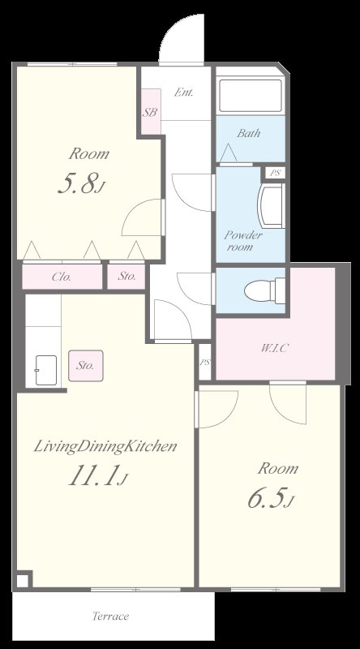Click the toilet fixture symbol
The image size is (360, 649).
pos(264,290)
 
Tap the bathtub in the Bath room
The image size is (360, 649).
pos(251,96)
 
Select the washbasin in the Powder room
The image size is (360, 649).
pos(271,205)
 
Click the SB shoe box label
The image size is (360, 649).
pos(150,112)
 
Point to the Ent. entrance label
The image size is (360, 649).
pos(183,92)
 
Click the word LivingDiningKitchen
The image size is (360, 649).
pos(105,447)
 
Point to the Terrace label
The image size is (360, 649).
pos(110,616)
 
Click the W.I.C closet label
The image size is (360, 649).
pos(274,348)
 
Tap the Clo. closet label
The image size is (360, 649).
pos(62,277)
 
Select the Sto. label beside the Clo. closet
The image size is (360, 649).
pos(126,277)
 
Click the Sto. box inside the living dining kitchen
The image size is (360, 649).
pos(86,366)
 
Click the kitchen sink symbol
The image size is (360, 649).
pos(46,370)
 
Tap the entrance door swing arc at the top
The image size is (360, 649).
pos(173,30)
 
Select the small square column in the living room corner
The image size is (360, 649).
pos(24,579)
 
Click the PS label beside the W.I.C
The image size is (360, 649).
pos(205,363)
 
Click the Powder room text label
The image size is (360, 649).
pos(243,241)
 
